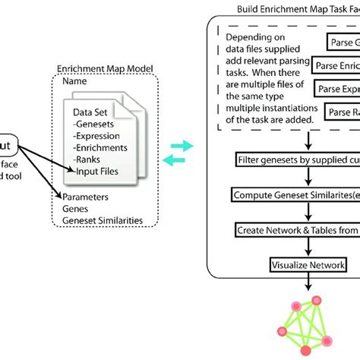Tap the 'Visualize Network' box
point(308,265)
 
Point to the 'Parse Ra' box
point(343,112)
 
